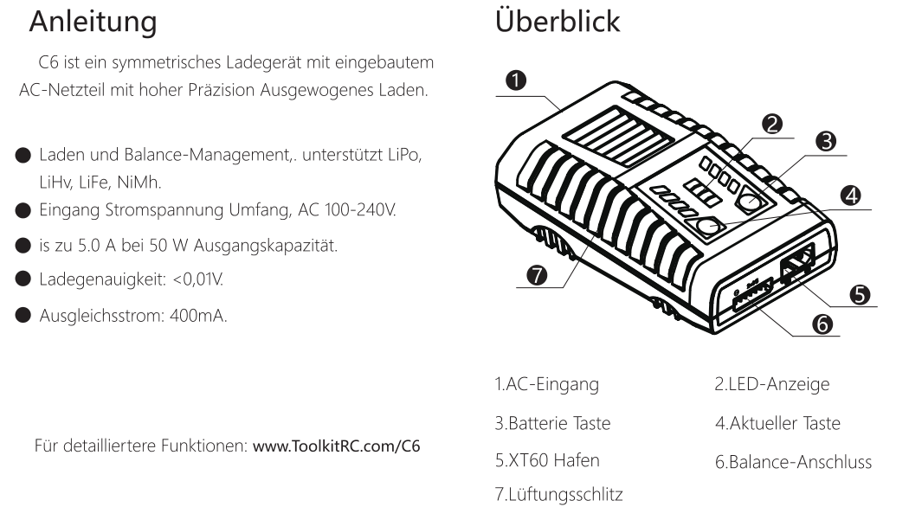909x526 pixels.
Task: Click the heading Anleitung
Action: [x=94, y=23]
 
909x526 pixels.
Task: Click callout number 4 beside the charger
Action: [x=851, y=196]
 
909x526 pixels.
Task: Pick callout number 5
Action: [x=860, y=293]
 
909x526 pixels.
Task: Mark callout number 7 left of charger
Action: [x=537, y=274]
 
